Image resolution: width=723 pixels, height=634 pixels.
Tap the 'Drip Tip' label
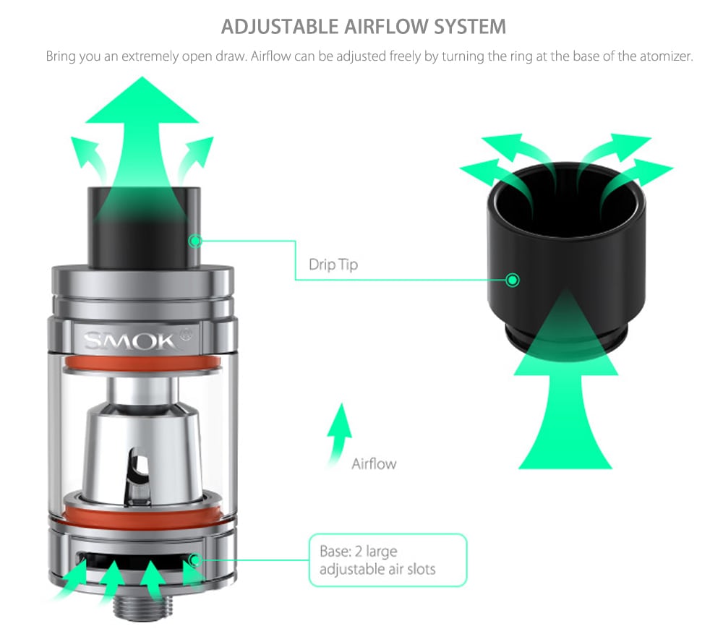pyautogui.click(x=333, y=265)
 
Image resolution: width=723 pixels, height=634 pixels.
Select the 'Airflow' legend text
pyautogui.click(x=374, y=463)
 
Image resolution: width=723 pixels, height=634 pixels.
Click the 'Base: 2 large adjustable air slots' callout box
pyautogui.click(x=388, y=560)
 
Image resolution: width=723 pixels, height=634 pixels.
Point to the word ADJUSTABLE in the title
pyautogui.click(x=279, y=27)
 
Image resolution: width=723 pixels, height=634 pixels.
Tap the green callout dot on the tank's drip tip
pyautogui.click(x=194, y=240)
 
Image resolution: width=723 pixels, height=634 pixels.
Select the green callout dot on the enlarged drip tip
pyautogui.click(x=513, y=280)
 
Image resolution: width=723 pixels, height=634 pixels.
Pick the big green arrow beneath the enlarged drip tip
pyautogui.click(x=565, y=405)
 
